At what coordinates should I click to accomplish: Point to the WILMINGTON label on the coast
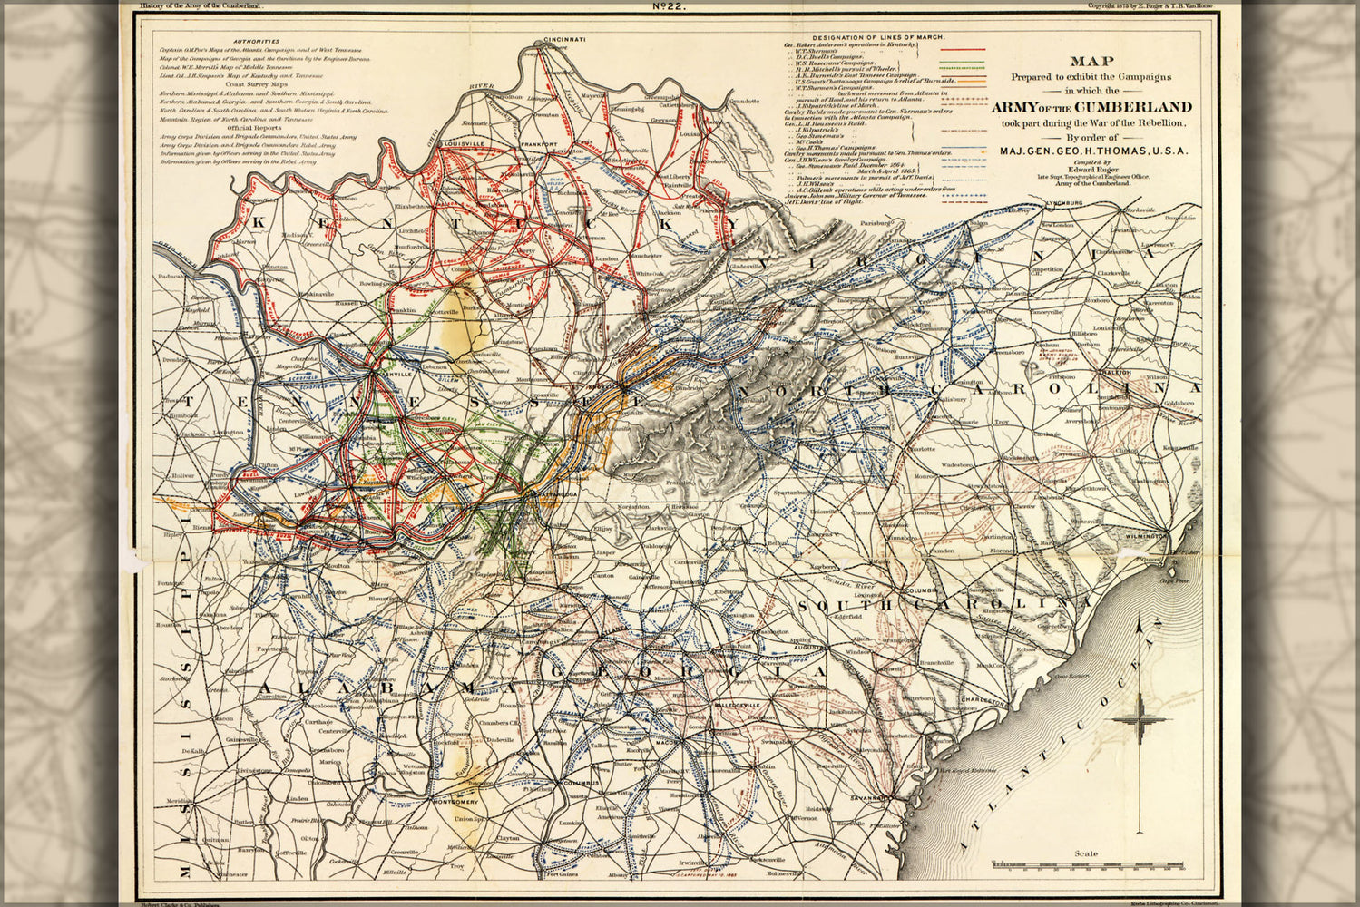(1143, 537)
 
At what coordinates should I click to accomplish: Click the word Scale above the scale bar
(1085, 853)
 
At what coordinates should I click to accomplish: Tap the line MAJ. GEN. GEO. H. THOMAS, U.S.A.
(1092, 151)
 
